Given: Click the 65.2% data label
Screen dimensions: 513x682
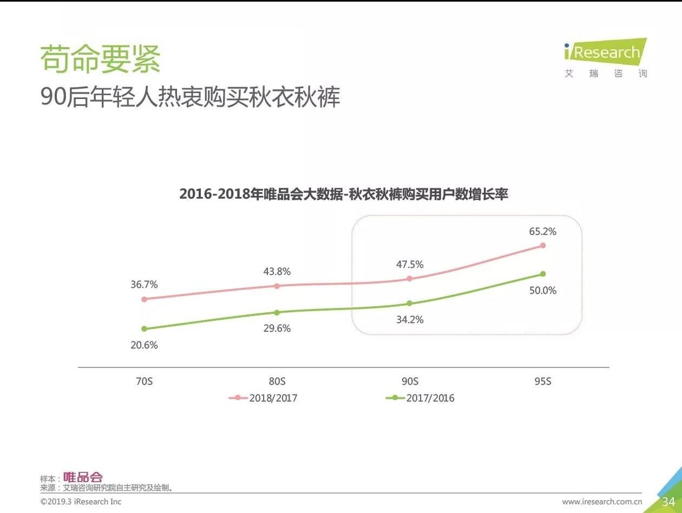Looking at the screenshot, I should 543,232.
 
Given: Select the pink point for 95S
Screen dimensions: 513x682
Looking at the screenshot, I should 543,246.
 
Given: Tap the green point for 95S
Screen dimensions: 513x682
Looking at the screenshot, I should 543,274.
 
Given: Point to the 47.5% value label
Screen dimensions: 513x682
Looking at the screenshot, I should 409,265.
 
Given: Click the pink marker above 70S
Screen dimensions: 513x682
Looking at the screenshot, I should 144,299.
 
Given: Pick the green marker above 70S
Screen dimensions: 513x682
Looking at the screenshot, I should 144,329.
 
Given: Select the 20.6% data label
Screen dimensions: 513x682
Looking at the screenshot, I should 144,345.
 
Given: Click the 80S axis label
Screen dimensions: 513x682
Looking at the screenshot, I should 277,381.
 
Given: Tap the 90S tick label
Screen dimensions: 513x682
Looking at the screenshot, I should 410,381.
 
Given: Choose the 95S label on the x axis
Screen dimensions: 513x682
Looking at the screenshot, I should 542,381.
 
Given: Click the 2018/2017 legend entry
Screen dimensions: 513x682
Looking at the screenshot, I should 264,398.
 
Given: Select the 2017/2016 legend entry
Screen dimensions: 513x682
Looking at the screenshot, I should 421,398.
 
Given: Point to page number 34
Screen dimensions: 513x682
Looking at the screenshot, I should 668,502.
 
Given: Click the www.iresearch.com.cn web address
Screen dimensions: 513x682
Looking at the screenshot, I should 602,502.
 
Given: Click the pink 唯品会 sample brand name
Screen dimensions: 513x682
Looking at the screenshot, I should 83,477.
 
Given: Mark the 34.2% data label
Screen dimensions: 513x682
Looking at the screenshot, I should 410,320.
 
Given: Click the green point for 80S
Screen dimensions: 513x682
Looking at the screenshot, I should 277,313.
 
